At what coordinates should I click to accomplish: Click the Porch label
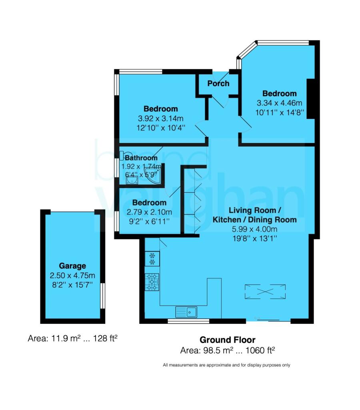click(x=218, y=83)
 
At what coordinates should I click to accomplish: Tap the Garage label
click(x=72, y=266)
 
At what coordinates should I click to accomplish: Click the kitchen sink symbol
click(x=186, y=311)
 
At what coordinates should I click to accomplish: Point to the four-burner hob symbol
click(x=152, y=281)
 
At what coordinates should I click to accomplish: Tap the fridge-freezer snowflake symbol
click(x=152, y=258)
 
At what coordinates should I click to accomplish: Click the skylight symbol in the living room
click(x=266, y=290)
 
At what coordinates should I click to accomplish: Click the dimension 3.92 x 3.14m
click(x=161, y=119)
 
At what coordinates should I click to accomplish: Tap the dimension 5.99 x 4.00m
click(x=254, y=229)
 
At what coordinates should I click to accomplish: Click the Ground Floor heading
click(x=227, y=340)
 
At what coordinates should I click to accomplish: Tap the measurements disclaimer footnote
click(x=226, y=365)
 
